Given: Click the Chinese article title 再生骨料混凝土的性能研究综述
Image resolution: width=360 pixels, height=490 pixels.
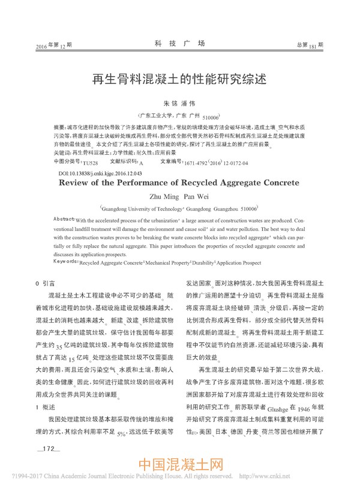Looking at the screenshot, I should pyautogui.click(x=179, y=78).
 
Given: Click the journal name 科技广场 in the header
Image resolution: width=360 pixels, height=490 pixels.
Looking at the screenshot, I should pyautogui.click(x=179, y=44).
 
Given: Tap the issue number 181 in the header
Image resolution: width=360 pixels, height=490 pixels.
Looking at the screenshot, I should pyautogui.click(x=313, y=46).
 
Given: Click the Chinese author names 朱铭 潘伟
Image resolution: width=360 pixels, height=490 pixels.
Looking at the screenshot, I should pyautogui.click(x=179, y=103).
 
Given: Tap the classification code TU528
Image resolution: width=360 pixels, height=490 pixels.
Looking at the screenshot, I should pyautogui.click(x=90, y=163).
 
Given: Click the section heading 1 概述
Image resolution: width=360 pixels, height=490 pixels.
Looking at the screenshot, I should pyautogui.click(x=46, y=389).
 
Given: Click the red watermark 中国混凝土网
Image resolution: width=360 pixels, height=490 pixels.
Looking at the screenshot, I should pyautogui.click(x=180, y=466).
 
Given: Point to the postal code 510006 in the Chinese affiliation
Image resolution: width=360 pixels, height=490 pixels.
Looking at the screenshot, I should pyautogui.click(x=211, y=118).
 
